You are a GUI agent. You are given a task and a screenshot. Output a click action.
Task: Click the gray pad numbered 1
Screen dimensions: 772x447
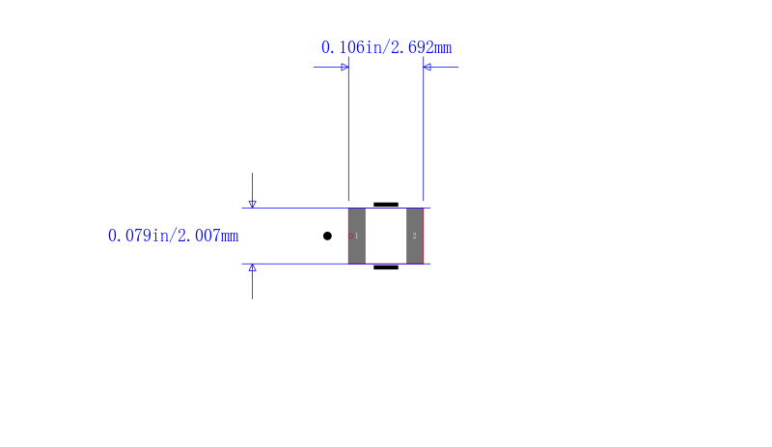[357, 237]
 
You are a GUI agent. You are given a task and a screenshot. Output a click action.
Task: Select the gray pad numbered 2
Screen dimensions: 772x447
[415, 237]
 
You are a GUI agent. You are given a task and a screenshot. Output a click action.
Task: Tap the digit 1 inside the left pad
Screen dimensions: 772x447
[356, 237]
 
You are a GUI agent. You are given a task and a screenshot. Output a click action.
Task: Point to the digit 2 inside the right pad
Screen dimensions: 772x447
[415, 237]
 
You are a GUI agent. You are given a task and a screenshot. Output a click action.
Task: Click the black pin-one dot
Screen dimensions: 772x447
[327, 237]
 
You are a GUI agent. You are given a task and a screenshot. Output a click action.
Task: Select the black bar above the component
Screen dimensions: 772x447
[386, 205]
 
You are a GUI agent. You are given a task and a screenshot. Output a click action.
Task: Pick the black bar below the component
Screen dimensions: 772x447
[386, 267]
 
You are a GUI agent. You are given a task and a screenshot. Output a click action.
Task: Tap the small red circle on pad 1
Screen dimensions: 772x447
[350, 237]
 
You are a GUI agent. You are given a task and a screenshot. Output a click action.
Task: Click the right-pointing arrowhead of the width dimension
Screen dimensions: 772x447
[345, 67]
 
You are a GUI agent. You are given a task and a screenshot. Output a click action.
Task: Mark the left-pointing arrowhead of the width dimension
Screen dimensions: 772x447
[427, 67]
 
